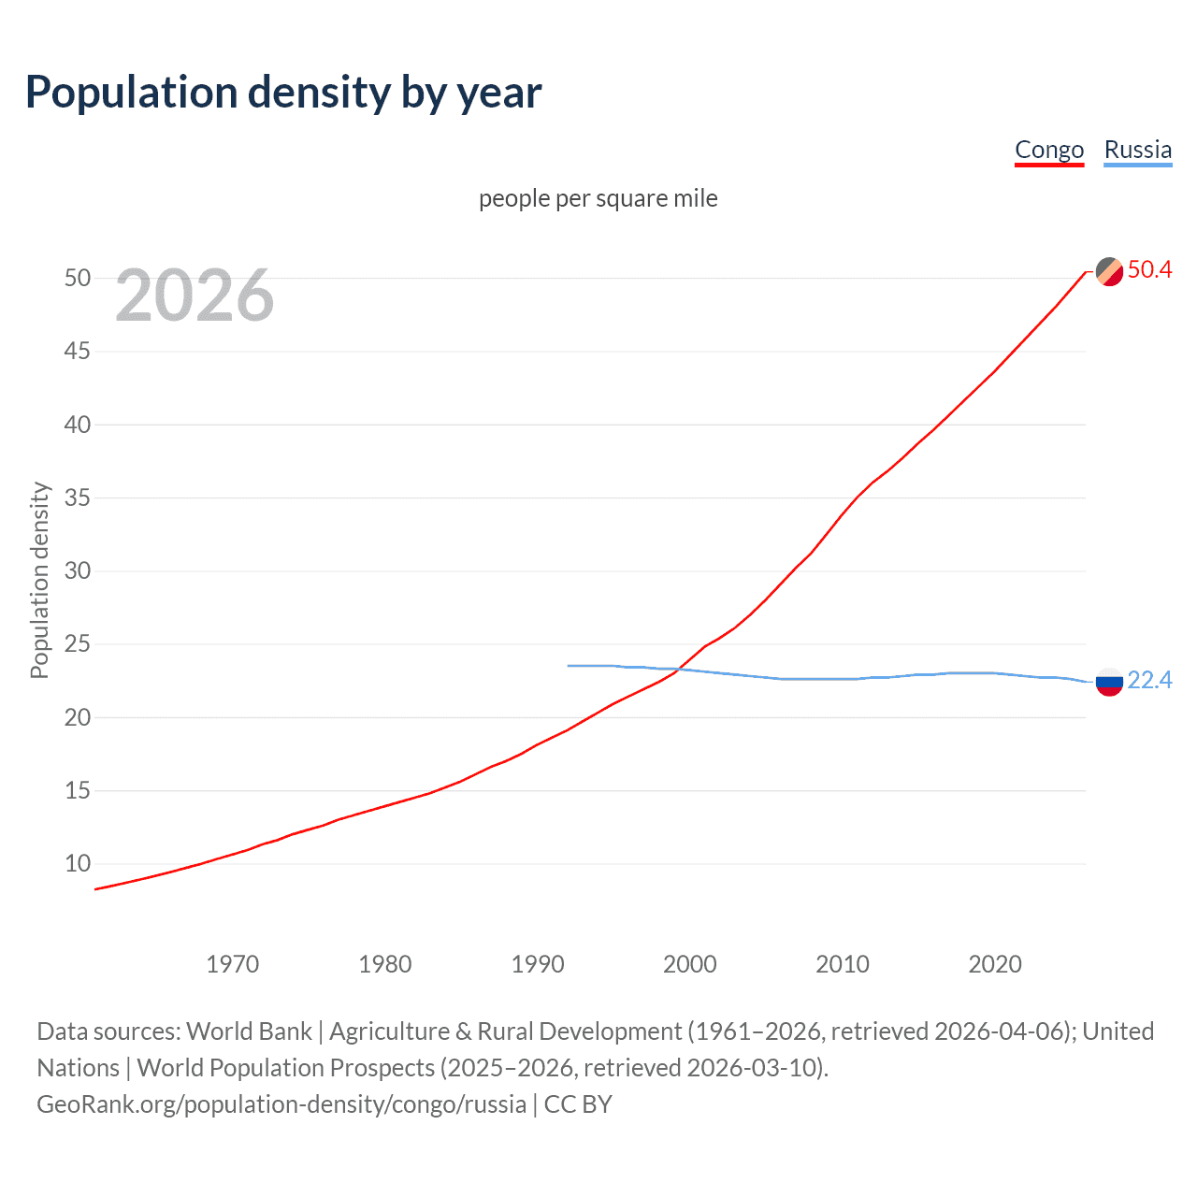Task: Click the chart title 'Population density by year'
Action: point(283,93)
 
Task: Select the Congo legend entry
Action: point(1049,150)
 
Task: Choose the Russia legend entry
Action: point(1137,150)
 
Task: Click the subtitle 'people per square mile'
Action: point(598,198)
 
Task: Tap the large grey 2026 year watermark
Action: point(195,296)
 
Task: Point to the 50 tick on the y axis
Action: point(78,279)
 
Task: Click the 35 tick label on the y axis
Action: point(78,498)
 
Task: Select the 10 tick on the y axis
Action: point(78,864)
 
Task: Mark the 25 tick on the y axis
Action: point(78,644)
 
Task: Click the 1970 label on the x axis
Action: point(232,964)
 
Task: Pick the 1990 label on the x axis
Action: point(537,964)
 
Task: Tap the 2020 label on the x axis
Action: point(994,964)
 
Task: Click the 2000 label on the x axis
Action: point(689,964)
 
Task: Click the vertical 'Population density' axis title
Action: point(39,580)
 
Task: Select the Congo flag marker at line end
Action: point(1109,271)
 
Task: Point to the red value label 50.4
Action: point(1149,270)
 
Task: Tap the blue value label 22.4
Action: point(1149,681)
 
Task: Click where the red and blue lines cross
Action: point(676,670)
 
